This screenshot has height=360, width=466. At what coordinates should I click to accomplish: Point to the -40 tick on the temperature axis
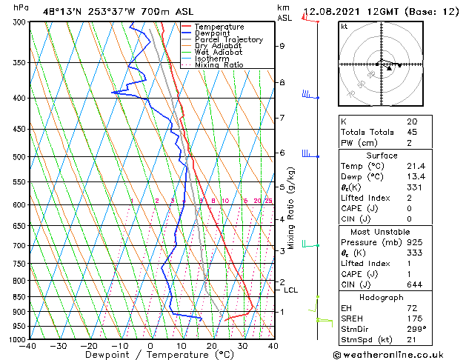point(28,346)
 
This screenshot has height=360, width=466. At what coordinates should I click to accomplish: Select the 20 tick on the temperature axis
point(211,346)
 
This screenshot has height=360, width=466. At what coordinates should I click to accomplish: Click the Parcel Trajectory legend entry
point(228,39)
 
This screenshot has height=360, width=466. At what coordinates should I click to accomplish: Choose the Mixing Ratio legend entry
point(219,65)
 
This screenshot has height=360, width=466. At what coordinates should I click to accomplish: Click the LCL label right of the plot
point(291,290)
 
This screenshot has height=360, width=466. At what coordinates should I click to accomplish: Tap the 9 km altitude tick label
point(282,46)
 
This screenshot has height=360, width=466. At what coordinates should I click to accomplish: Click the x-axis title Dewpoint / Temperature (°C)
point(150,356)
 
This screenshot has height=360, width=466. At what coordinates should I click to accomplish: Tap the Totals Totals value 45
point(413,132)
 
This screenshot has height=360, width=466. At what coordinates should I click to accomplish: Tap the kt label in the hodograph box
point(344,26)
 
